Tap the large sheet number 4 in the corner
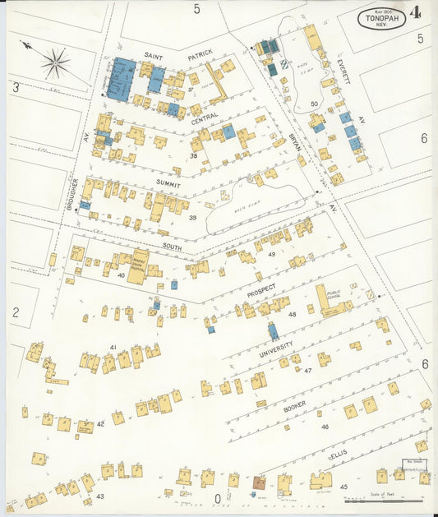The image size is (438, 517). pos(417,14)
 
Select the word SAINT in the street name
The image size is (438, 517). pos(154,56)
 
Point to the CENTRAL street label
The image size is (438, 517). pos(205,119)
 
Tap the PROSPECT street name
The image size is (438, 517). pos(260,290)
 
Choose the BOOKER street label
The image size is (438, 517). pos(294,407)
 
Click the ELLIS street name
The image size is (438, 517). pos(339,455)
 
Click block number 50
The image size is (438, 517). pos(315,104)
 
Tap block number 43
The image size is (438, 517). pos(100,496)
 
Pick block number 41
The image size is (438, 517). pos(113,347)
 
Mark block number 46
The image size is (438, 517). pos(325,427)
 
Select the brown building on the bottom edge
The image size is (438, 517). pos(259,483)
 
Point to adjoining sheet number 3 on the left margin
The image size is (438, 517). pos(15,86)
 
